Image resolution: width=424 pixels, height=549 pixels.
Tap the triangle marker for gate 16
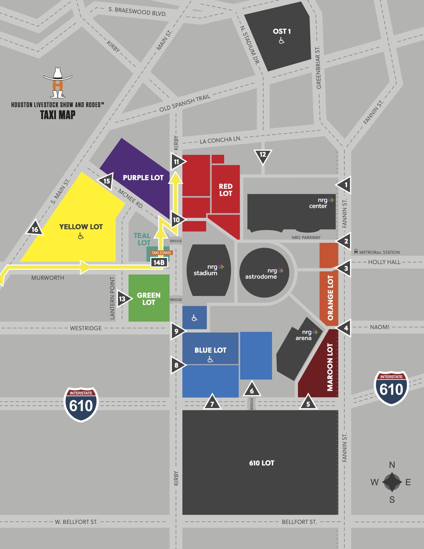35,228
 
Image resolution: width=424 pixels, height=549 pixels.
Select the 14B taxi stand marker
159,262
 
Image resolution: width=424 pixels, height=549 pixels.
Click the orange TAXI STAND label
161,253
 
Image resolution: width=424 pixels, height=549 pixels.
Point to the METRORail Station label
379,252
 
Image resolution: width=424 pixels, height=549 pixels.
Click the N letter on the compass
392,465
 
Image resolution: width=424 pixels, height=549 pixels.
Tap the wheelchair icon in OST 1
281,41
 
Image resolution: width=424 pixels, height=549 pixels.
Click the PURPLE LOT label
143,178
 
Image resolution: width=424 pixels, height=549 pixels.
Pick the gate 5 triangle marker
308,403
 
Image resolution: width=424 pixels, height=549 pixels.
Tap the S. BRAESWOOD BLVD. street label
137,11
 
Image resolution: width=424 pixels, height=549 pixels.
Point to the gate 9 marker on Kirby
176,331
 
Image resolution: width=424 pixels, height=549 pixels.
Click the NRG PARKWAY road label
306,237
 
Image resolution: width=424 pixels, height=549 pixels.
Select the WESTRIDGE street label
86,328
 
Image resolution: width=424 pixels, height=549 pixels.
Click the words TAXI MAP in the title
58,115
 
